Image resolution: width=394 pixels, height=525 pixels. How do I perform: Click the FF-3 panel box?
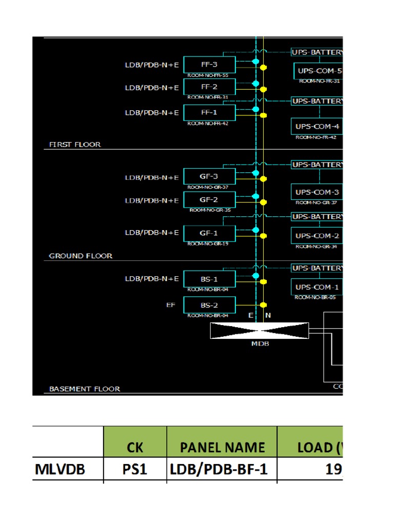(209, 65)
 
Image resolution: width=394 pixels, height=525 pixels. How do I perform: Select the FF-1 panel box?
(209, 112)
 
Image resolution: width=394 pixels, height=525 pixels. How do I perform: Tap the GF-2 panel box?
(209, 199)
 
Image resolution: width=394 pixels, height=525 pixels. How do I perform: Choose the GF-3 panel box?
(209, 176)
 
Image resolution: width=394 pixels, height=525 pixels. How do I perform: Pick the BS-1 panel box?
(209, 279)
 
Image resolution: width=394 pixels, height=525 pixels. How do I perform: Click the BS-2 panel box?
(209, 305)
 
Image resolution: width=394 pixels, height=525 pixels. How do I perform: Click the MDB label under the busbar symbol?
(260, 344)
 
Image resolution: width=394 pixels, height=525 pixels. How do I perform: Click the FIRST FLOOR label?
(75, 145)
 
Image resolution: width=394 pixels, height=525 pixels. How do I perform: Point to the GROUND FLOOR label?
(81, 255)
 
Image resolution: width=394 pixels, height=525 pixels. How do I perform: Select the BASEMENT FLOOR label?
(85, 389)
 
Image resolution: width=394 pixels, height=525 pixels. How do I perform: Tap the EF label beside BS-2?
(170, 305)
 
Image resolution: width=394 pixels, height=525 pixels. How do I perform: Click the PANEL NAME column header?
(222, 447)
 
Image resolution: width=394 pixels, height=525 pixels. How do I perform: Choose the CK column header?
(135, 447)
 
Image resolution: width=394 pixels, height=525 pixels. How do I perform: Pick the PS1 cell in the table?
(135, 469)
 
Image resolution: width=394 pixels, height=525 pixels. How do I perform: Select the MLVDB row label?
(57, 469)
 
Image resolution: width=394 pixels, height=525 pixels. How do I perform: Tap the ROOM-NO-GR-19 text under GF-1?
(208, 244)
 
